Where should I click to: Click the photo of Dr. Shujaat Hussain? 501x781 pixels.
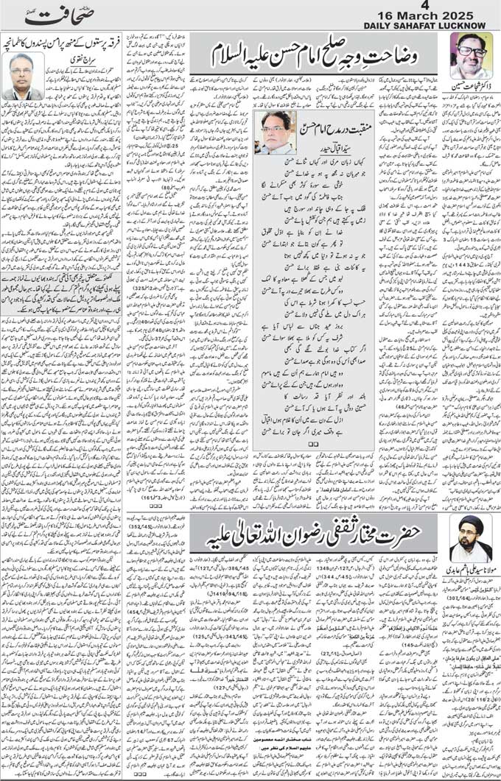pos(471,58)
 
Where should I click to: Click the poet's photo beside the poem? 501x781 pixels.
pos(275,132)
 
